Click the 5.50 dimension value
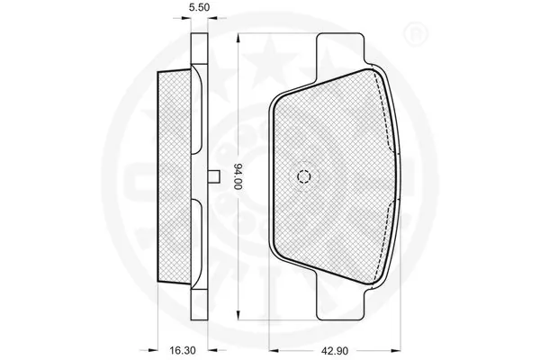[199, 7]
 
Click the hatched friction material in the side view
[175, 176]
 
